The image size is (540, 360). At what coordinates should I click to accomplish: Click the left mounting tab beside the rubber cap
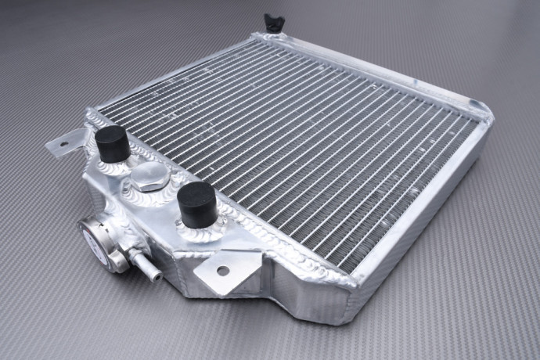[x=66, y=142]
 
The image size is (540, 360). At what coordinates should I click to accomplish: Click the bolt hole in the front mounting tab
[x=223, y=271]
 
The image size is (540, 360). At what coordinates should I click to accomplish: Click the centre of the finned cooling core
[x=297, y=149]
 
